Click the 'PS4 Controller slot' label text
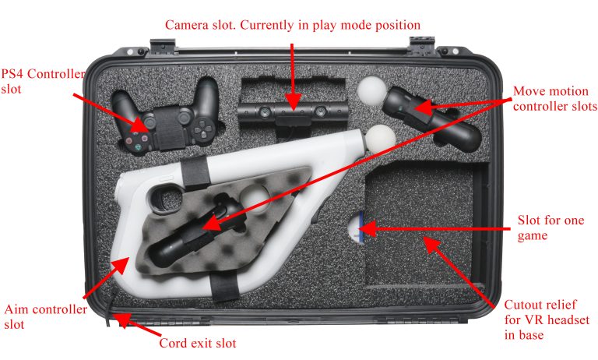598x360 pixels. click(x=43, y=81)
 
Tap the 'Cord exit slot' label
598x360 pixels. click(x=198, y=343)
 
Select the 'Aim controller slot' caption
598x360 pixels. click(x=45, y=316)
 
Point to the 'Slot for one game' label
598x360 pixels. click(x=551, y=228)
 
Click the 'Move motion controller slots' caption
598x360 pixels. click(x=555, y=98)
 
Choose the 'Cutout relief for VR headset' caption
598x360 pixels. click(x=547, y=319)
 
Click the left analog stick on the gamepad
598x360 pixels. click(x=149, y=122)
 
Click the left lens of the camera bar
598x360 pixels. click(x=265, y=112)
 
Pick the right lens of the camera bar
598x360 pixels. click(x=320, y=111)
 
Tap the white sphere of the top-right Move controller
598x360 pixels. click(x=372, y=90)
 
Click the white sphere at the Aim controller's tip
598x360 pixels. click(x=381, y=139)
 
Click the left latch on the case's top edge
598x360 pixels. click(x=162, y=48)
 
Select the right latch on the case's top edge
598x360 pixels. click(x=422, y=46)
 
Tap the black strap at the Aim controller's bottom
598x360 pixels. click(x=225, y=287)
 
